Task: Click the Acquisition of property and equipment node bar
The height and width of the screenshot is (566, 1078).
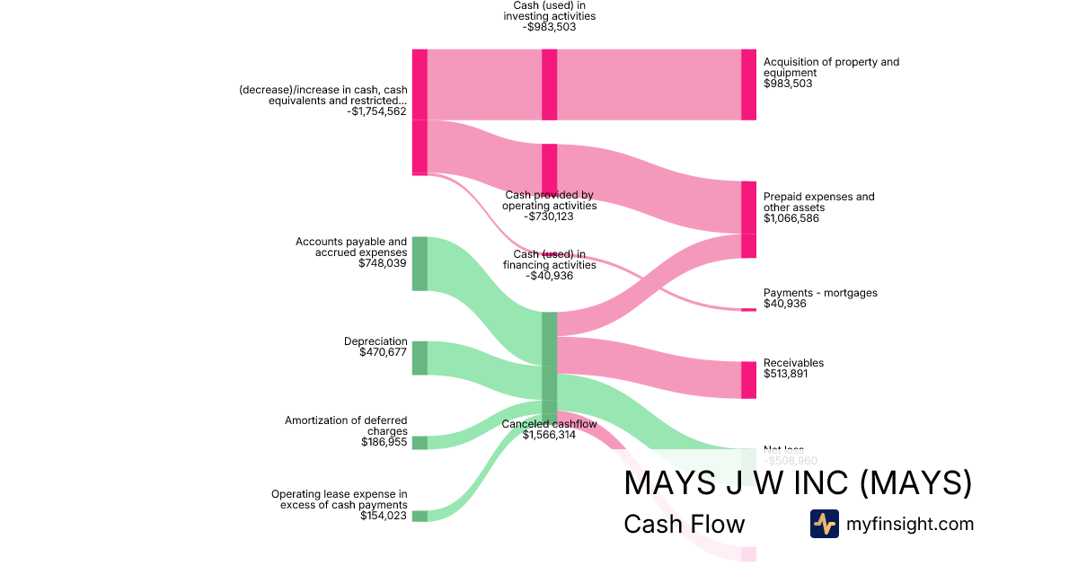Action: click(748, 84)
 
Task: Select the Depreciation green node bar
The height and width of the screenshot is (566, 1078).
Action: click(420, 358)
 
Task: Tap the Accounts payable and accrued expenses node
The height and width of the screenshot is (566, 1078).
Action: click(420, 263)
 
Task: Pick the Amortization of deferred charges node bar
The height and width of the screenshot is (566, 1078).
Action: click(420, 442)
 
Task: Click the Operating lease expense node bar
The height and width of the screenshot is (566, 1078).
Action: click(420, 516)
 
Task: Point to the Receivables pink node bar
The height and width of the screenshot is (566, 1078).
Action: click(748, 380)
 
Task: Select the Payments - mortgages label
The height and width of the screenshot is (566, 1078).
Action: click(820, 293)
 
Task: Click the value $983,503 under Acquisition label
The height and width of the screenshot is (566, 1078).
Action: click(787, 84)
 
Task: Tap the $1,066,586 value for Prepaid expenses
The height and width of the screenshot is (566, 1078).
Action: click(791, 218)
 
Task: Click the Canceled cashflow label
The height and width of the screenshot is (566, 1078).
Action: click(549, 424)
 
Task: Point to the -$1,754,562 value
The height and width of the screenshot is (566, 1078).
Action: click(376, 112)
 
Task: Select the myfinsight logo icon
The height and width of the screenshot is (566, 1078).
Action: click(824, 524)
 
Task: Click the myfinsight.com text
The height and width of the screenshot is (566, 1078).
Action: click(910, 524)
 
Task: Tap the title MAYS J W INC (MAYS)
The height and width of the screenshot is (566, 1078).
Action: click(798, 482)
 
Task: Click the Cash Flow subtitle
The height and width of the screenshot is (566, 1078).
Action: click(684, 525)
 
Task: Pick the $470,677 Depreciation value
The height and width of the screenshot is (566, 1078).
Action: click(383, 352)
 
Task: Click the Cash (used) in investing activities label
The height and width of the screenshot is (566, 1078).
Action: click(548, 11)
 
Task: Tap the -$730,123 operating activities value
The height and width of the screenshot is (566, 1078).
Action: click(549, 217)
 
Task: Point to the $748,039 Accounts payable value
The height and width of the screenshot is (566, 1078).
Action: click(383, 263)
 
